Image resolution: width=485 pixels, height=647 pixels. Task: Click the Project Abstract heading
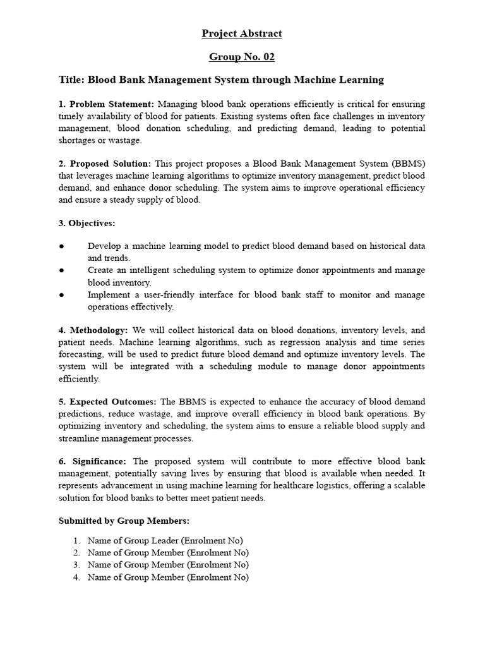click(x=242, y=33)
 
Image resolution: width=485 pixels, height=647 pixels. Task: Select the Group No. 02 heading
click(x=242, y=57)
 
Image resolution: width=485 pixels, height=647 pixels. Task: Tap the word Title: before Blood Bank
click(x=71, y=80)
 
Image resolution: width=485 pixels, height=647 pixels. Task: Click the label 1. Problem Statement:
click(x=107, y=104)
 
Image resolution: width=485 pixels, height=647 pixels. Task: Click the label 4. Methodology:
click(x=93, y=330)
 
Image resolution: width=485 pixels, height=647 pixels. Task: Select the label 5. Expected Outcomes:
click(x=109, y=402)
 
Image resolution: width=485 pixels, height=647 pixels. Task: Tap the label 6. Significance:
click(x=93, y=462)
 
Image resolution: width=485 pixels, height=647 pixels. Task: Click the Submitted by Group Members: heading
click(x=124, y=521)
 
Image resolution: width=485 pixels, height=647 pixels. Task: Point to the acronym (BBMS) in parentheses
click(x=407, y=164)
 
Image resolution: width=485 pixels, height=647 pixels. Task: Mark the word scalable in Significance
click(x=407, y=485)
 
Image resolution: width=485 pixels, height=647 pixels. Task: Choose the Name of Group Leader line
click(x=165, y=540)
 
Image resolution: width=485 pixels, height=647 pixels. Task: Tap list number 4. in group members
click(x=76, y=577)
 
